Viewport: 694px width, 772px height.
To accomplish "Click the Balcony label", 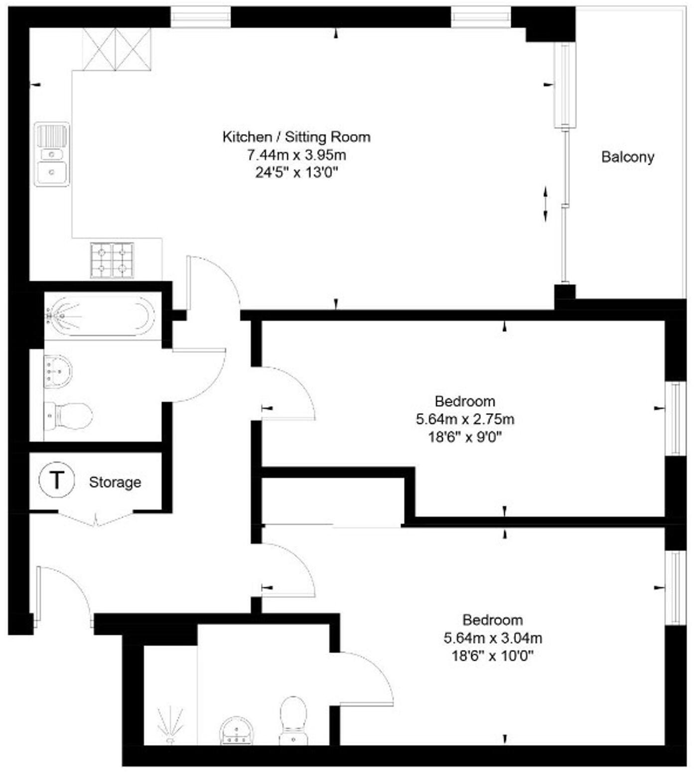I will (627, 157).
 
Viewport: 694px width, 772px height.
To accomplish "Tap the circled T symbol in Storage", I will (57, 480).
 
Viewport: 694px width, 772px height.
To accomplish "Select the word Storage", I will (115, 482).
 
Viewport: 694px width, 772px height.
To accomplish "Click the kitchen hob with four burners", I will (112, 260).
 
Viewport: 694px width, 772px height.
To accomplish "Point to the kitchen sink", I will (52, 154).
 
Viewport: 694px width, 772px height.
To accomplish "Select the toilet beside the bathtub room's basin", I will (70, 416).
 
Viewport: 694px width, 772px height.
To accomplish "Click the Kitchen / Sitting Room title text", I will (296, 137).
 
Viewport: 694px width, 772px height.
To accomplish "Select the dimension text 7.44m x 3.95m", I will (296, 155).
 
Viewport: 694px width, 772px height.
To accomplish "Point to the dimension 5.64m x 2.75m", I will (465, 419).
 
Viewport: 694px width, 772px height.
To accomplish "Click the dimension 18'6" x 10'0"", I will (492, 656).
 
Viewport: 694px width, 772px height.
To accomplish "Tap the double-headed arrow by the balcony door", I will (546, 204).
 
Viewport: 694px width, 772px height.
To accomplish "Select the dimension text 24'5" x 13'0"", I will (296, 173).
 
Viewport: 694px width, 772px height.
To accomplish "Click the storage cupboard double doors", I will (96, 518).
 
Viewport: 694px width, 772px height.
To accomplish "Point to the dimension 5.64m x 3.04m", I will (492, 638).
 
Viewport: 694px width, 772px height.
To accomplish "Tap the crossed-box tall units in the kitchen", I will (117, 49).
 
